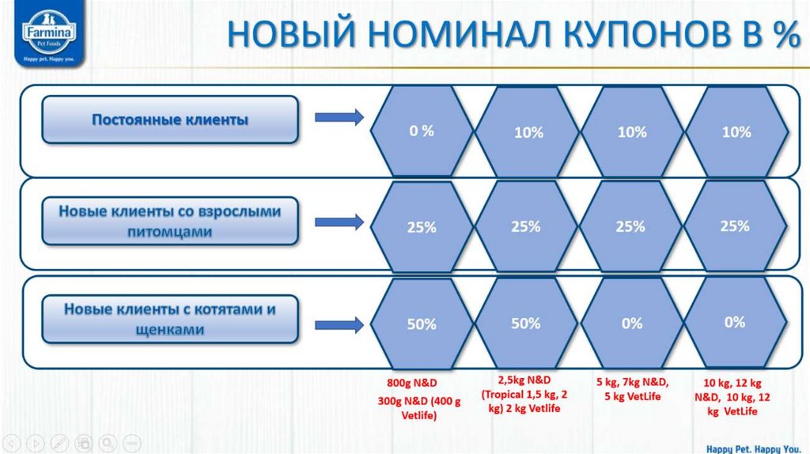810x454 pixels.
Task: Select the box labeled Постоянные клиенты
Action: (170, 120)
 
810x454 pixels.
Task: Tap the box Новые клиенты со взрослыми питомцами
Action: (170, 221)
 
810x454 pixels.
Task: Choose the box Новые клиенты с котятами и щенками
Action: (170, 320)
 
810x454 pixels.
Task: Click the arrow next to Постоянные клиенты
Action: (339, 119)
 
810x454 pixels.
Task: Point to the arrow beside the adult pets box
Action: (339, 222)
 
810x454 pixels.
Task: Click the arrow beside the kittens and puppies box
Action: (339, 324)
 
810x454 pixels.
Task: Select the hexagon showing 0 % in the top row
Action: (422, 131)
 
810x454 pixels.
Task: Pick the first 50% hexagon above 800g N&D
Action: (422, 324)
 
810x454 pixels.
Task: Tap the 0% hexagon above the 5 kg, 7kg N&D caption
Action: (631, 323)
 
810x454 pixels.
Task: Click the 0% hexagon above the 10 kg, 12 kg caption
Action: (735, 322)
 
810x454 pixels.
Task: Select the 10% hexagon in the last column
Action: (736, 132)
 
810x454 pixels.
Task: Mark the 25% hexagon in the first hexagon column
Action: (422, 228)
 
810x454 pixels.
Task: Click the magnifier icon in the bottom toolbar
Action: (108, 441)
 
